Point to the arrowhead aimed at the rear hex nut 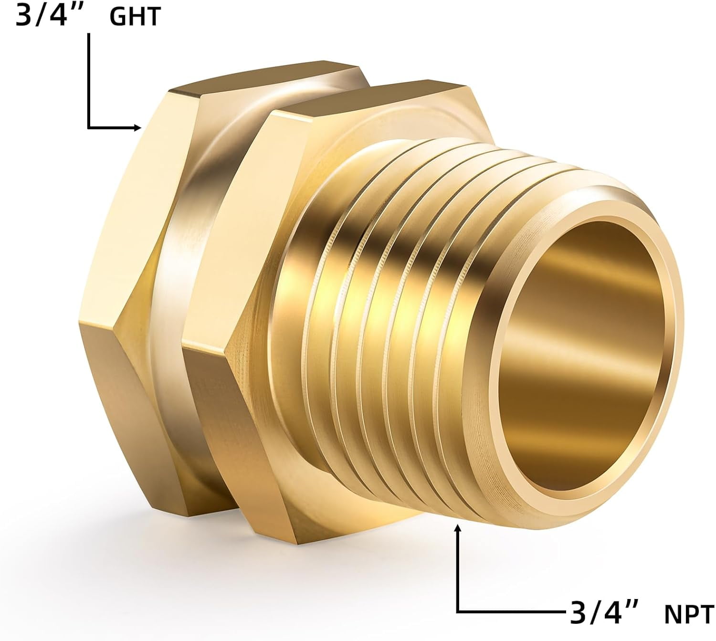click(138, 127)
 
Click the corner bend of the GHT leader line click(89, 127)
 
